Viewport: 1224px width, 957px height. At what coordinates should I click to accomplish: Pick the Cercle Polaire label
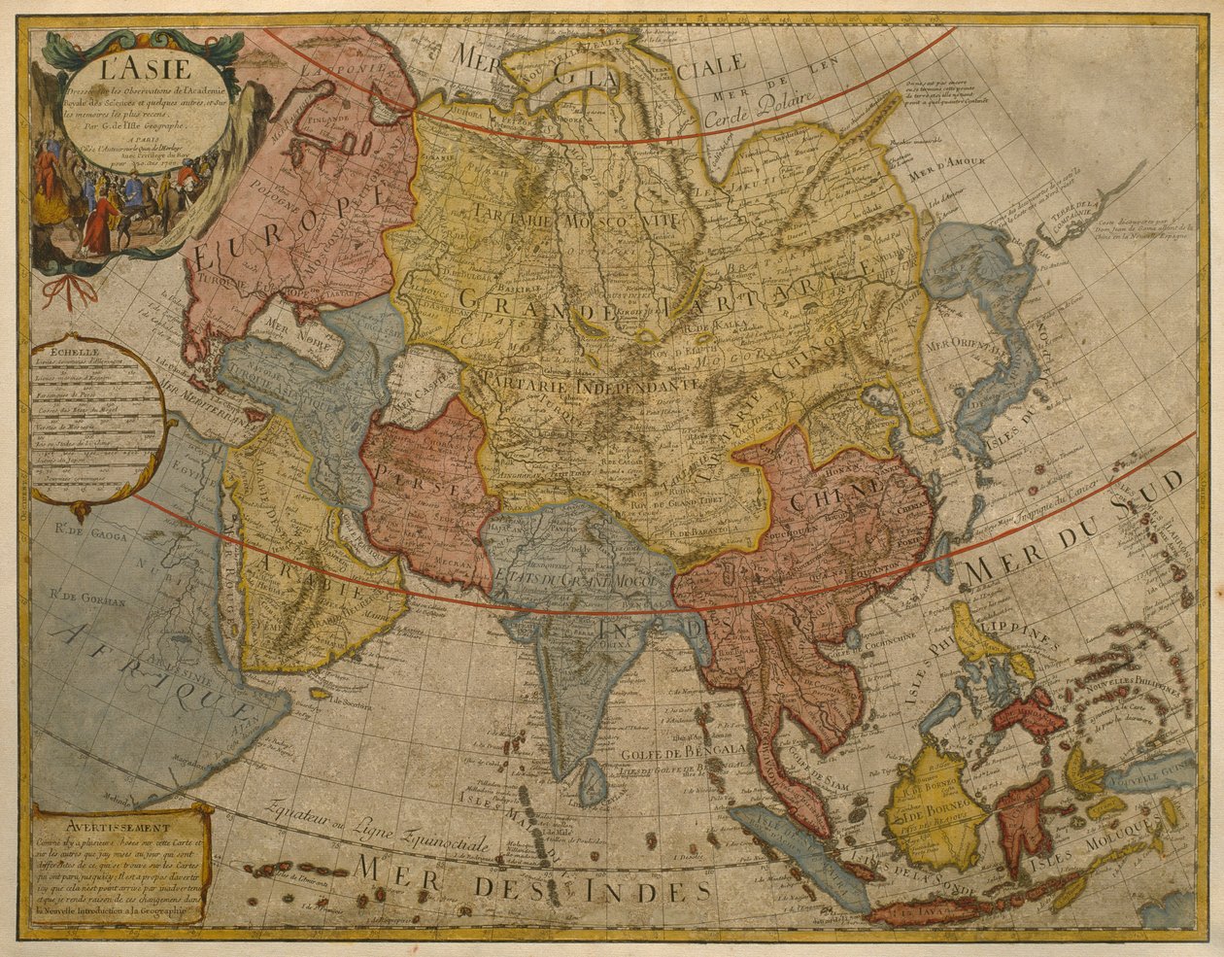pyautogui.click(x=785, y=116)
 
